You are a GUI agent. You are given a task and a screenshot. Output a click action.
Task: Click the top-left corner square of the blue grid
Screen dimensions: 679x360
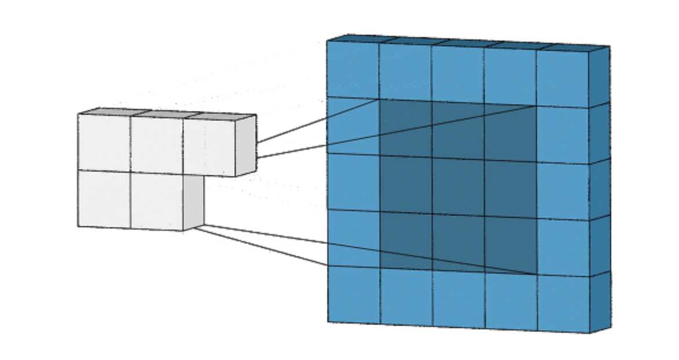click(353, 69)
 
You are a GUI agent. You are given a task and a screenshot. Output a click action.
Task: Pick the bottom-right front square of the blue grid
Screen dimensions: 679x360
click(563, 303)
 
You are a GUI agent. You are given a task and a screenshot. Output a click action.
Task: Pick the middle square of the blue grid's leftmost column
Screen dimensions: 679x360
click(353, 182)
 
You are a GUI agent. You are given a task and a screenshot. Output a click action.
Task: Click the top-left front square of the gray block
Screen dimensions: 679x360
click(104, 142)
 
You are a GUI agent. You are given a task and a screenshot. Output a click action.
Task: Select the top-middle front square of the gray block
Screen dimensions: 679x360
click(156, 144)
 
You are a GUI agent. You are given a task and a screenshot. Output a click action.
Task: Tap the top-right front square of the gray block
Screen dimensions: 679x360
click(209, 146)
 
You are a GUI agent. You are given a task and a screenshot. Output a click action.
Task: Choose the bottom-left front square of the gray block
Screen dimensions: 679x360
click(104, 198)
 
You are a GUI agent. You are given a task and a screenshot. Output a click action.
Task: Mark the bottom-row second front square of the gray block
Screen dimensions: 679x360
click(156, 200)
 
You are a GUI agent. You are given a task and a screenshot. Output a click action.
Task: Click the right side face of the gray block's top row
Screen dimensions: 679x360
click(246, 145)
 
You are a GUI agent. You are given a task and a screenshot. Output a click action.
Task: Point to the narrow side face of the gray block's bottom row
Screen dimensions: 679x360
click(194, 201)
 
